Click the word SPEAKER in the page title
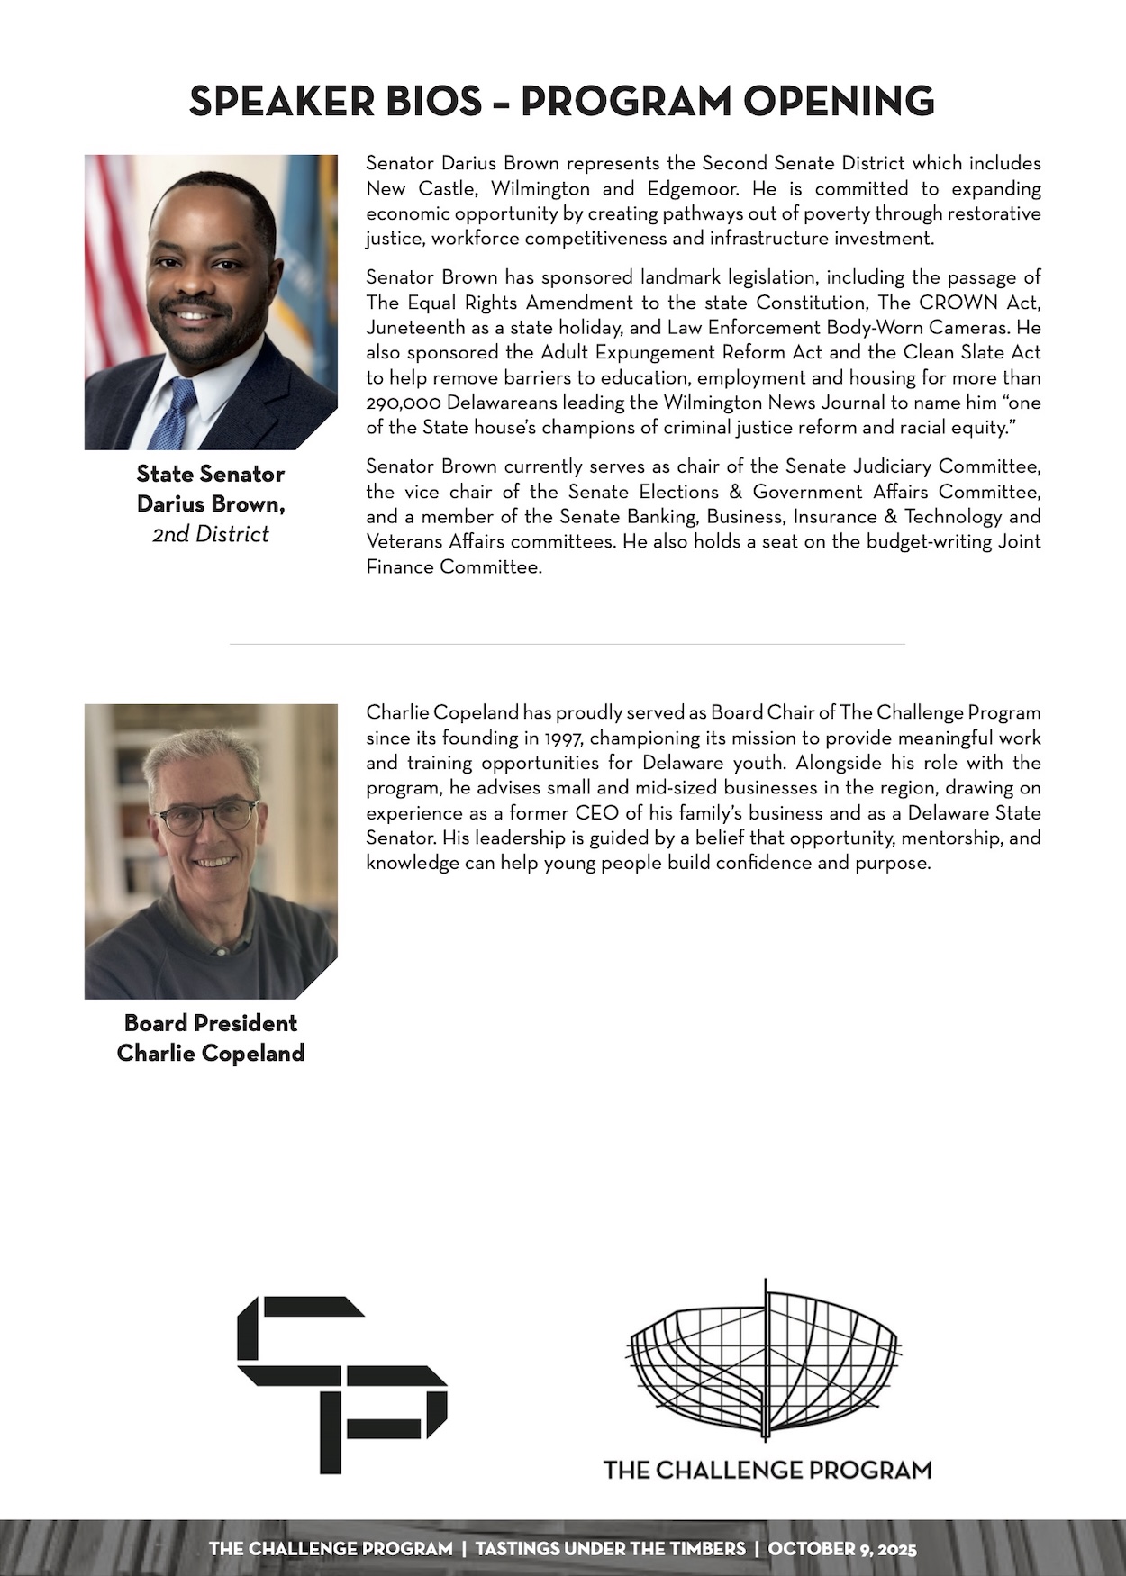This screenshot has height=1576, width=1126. (x=280, y=101)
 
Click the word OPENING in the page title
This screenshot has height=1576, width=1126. (x=839, y=101)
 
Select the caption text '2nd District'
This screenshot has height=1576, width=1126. (x=211, y=534)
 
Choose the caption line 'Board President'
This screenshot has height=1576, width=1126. (x=211, y=1023)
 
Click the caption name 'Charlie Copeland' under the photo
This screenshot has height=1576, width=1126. (x=211, y=1053)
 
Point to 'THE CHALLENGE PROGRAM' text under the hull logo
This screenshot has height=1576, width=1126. (x=767, y=1470)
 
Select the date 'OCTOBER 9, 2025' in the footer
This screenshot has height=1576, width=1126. (x=842, y=1549)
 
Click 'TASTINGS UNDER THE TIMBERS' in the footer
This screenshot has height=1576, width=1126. (x=611, y=1549)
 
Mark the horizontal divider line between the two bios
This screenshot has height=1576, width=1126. (x=568, y=645)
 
